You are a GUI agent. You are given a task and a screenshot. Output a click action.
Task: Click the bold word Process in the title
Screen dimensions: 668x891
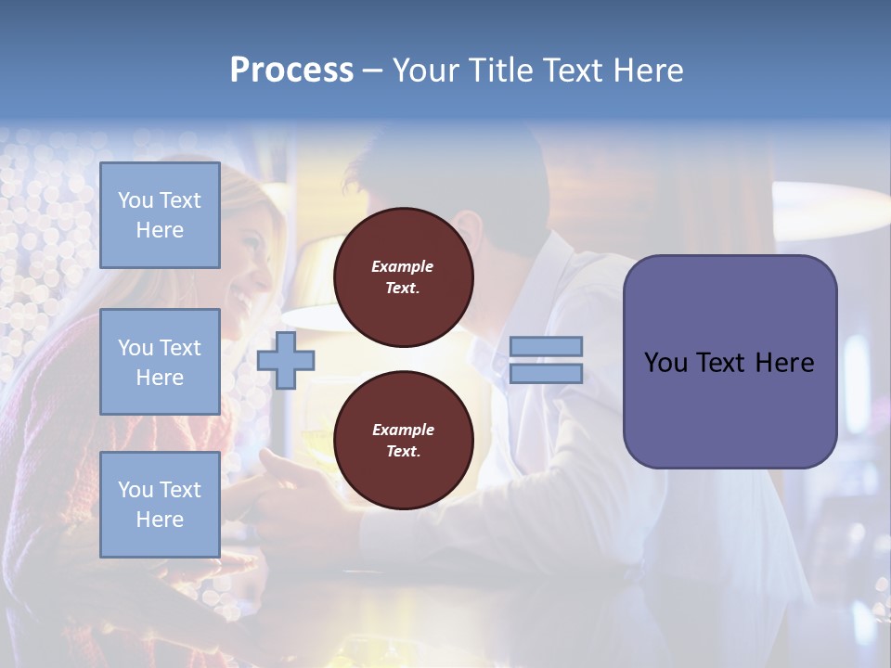[291, 71]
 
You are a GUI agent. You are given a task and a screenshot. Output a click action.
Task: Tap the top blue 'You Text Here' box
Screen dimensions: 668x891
[160, 215]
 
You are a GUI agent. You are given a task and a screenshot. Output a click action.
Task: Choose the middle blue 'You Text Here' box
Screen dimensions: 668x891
[160, 362]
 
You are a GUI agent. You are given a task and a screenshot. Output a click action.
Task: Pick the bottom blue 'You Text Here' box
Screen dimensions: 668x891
[160, 504]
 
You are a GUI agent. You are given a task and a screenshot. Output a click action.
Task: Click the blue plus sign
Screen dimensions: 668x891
[286, 360]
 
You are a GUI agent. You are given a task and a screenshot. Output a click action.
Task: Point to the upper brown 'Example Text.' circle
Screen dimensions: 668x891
[403, 277]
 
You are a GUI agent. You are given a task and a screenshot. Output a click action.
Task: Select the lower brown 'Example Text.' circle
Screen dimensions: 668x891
[403, 441]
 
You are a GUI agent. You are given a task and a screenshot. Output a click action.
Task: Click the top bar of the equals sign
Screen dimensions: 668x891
[546, 346]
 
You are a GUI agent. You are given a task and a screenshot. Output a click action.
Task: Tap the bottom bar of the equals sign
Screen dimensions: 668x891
[546, 373]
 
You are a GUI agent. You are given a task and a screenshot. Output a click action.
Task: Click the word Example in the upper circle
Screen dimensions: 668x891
[403, 266]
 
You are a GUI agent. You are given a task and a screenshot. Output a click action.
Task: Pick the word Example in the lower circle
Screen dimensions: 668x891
[403, 430]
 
